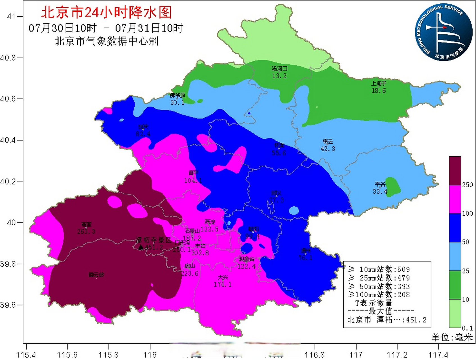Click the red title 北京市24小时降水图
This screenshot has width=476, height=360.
click(106, 12)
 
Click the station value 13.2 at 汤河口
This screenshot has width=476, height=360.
click(279, 76)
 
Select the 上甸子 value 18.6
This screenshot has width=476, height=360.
click(378, 91)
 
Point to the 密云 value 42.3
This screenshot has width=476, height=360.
click(328, 148)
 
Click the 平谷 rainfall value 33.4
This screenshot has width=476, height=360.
click(380, 192)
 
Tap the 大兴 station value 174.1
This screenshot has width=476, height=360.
click(222, 284)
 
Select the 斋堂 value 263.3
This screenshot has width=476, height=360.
click(86, 231)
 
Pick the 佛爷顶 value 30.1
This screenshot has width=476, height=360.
click(177, 103)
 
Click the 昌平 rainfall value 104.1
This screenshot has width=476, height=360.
click(193, 180)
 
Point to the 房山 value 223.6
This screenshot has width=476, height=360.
click(190, 273)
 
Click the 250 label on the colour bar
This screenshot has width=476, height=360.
click(467, 185)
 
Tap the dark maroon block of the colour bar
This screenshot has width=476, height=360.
click(455, 170)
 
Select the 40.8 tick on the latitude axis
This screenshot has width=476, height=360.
click(8, 58)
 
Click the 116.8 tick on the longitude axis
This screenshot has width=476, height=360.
click(315, 355)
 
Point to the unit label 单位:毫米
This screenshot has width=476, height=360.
click(452, 337)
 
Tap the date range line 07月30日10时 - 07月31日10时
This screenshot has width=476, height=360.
click(106, 28)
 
